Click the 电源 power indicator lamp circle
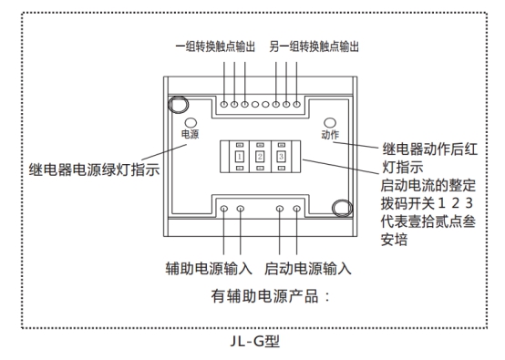point(190,121)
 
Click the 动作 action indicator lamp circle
point(330,121)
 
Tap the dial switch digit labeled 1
point(239,157)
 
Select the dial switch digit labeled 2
point(260,157)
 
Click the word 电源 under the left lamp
point(189,134)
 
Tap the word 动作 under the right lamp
point(330,135)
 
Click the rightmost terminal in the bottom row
point(295,210)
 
